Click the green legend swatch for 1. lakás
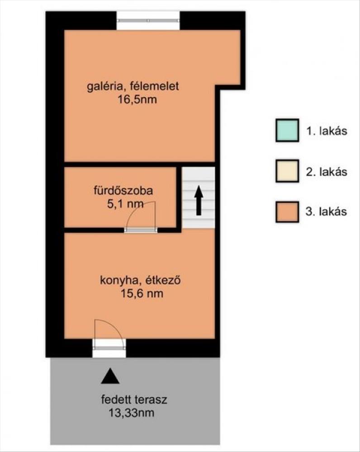[287, 131]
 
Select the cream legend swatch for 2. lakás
[287, 171]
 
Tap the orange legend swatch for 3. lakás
[287, 212]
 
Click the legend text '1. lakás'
[326, 131]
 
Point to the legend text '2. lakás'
[326, 172]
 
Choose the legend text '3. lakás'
[326, 212]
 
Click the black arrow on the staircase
[199, 200]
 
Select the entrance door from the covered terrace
[109, 348]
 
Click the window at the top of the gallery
[148, 20]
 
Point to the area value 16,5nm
[137, 100]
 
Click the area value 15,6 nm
[142, 294]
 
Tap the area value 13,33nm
[131, 413]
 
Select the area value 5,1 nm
[125, 204]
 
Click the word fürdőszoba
[123, 191]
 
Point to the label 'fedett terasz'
[134, 400]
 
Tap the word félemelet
[155, 86]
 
